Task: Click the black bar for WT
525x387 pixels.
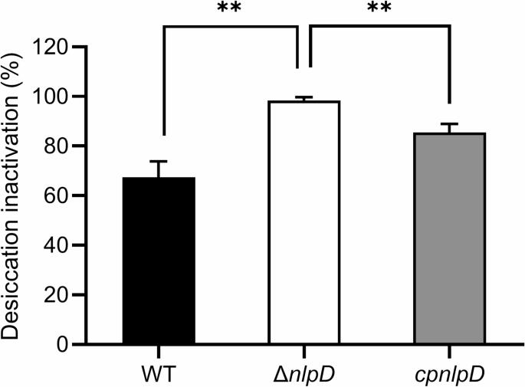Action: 159,261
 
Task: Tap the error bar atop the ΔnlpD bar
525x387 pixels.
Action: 304,99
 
